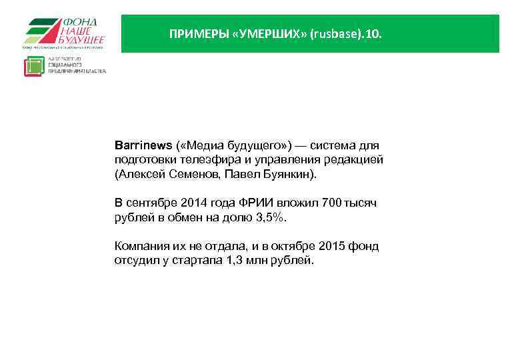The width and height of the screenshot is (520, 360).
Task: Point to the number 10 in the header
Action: coord(371,33)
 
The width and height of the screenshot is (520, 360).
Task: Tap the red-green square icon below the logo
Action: coord(34,67)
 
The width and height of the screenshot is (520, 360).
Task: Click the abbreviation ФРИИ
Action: coord(245,203)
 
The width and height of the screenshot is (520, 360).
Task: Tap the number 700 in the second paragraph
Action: coord(329,203)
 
